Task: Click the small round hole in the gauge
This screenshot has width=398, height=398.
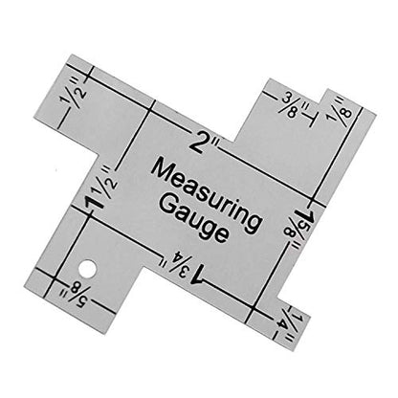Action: point(87,269)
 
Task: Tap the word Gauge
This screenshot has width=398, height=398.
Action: point(194,218)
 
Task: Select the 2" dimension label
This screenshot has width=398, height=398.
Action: point(204,144)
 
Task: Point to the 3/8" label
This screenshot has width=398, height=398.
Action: point(293,105)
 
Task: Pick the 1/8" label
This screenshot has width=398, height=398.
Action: point(340,109)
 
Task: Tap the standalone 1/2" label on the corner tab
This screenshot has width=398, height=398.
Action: point(73,93)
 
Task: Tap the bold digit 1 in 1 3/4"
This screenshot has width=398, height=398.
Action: point(197,275)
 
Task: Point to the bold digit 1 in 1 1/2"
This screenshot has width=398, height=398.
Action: point(94,202)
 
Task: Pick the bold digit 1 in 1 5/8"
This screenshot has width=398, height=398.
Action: point(305,215)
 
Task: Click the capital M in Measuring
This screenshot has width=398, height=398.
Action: point(163,171)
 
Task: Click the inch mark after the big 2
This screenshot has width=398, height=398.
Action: point(214,146)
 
